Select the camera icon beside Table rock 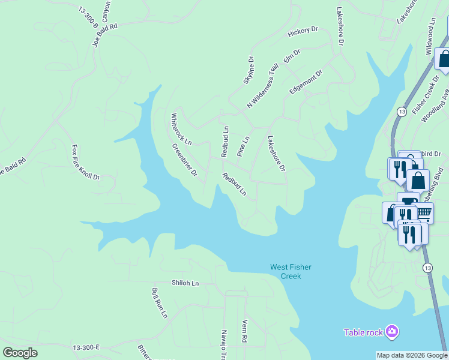[x=392, y=331]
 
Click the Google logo [x=20, y=353]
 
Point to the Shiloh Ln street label [x=184, y=283]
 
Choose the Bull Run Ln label [x=159, y=302]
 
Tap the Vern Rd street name [x=244, y=330]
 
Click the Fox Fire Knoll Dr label [x=85, y=162]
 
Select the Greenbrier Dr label [x=185, y=160]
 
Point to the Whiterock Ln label [x=181, y=129]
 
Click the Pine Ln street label [x=243, y=146]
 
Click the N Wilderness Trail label [x=263, y=86]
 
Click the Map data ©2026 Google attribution [x=412, y=355]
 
